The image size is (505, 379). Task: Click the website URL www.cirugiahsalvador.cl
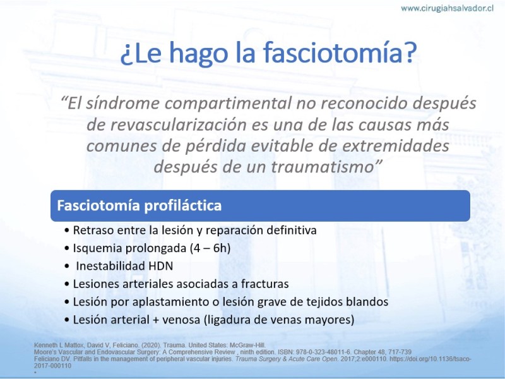tap(447, 8)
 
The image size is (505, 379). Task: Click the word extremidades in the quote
tap(396, 146)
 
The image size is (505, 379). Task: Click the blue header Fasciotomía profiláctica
tap(139, 205)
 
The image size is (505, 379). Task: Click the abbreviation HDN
tap(161, 266)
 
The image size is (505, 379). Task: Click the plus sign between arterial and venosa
tap(156, 320)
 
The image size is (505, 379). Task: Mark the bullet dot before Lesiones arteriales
tap(67, 284)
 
